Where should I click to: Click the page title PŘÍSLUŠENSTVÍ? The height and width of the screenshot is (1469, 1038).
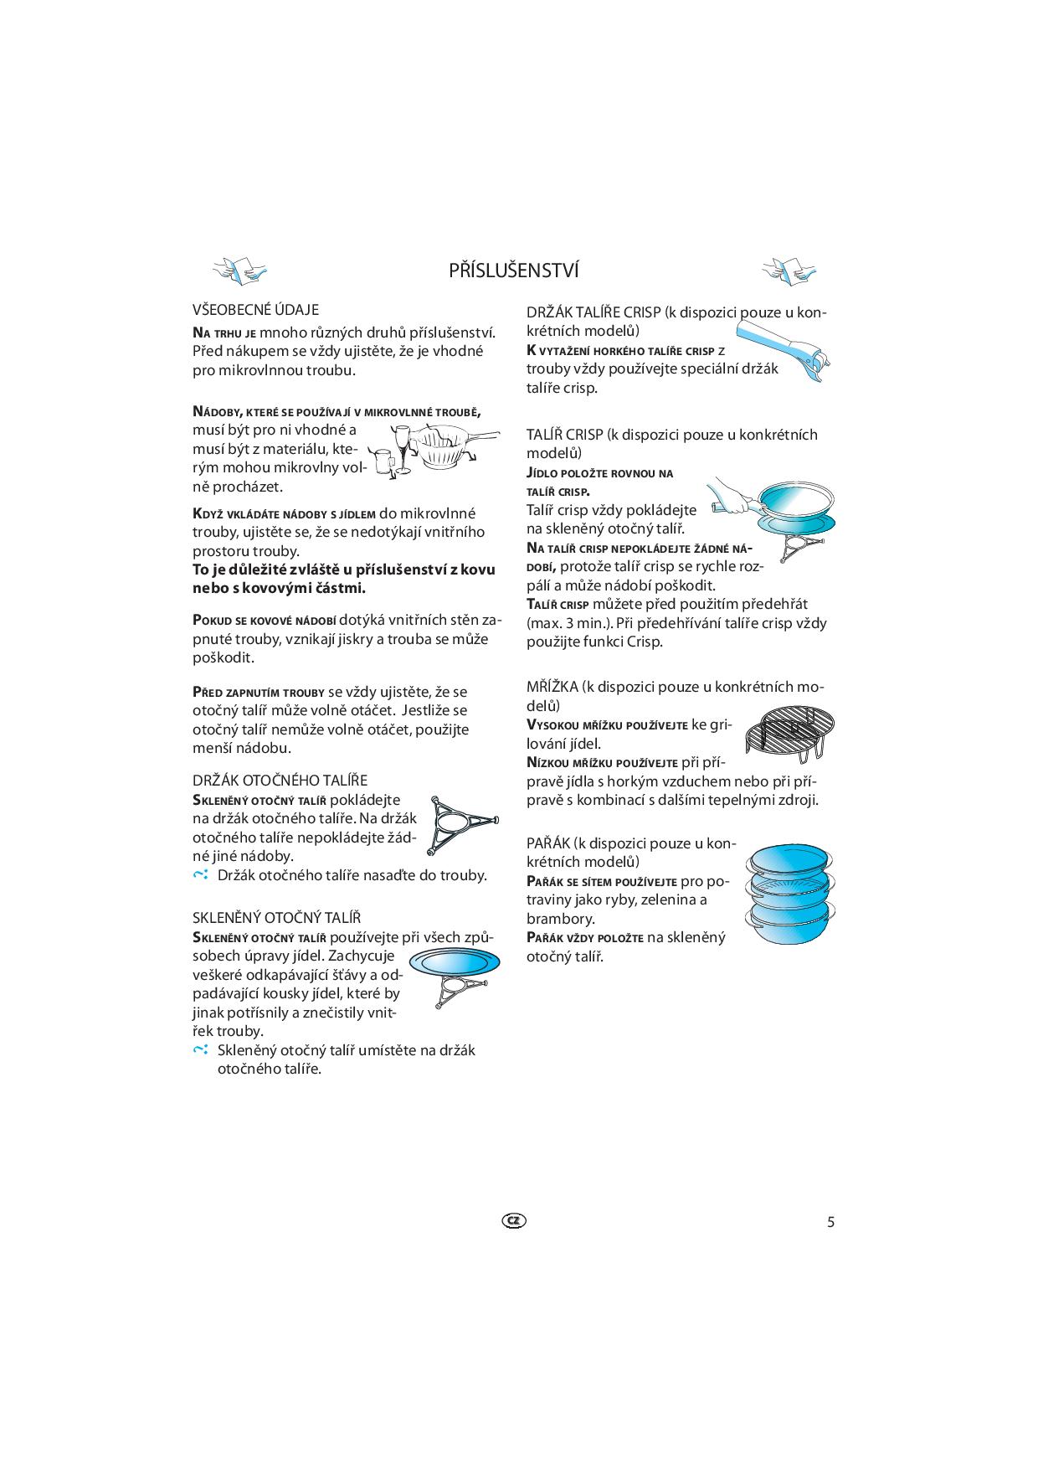(x=513, y=271)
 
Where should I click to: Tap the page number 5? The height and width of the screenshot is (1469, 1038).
(x=830, y=1222)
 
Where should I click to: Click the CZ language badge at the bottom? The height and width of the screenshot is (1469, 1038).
(x=515, y=1221)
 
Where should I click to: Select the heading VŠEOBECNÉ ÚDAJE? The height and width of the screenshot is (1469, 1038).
(x=255, y=310)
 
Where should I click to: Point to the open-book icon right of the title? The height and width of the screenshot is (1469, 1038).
(x=788, y=270)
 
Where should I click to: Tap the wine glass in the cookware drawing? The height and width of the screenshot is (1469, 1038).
(x=401, y=449)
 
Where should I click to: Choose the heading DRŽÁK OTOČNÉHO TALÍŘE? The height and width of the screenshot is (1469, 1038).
(x=280, y=781)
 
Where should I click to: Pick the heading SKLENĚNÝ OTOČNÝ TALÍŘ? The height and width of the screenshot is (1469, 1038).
(x=276, y=918)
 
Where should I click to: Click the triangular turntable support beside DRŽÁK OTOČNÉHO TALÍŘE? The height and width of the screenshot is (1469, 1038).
(x=461, y=825)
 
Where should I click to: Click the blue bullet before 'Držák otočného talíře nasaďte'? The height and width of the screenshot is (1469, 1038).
(x=199, y=875)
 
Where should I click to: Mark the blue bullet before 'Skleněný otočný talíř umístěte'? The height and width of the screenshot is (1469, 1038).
(x=199, y=1050)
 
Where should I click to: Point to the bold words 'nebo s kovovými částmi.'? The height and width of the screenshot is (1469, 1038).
(x=279, y=588)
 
